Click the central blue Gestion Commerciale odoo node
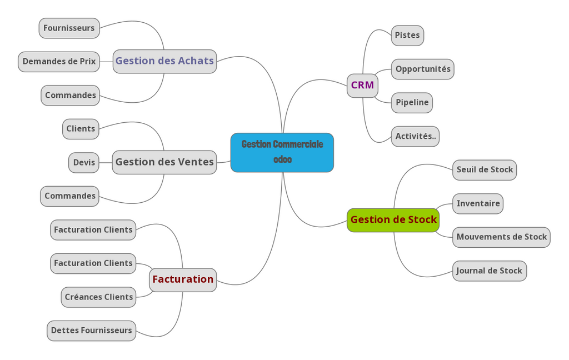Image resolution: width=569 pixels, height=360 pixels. click(x=282, y=152)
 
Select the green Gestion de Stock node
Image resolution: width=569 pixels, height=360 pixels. click(x=393, y=220)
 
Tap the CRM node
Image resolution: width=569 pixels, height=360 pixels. click(x=362, y=86)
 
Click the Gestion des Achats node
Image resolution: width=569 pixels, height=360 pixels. click(x=164, y=61)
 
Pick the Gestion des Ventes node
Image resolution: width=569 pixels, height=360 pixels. click(x=164, y=162)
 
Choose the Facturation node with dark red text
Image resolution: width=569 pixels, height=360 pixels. click(x=183, y=279)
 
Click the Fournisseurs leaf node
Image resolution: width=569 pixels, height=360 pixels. click(x=69, y=28)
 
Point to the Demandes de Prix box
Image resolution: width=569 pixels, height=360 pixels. click(x=59, y=62)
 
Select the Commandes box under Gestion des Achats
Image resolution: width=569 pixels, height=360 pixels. click(x=70, y=96)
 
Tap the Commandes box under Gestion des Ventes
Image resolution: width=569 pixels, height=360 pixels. click(x=69, y=196)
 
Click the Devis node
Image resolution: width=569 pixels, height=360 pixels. click(x=84, y=163)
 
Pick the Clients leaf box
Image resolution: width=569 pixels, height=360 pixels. click(x=81, y=129)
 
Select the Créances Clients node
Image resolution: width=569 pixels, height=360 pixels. click(x=98, y=297)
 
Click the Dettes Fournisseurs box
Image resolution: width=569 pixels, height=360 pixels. click(x=91, y=331)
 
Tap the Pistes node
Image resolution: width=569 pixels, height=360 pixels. click(x=407, y=36)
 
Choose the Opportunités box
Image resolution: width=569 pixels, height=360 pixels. click(x=423, y=69)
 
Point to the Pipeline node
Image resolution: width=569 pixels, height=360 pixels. click(x=412, y=103)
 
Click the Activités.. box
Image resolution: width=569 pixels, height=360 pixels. click(x=415, y=137)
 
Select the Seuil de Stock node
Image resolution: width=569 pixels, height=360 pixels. click(x=485, y=170)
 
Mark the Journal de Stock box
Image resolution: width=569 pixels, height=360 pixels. click(x=489, y=271)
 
